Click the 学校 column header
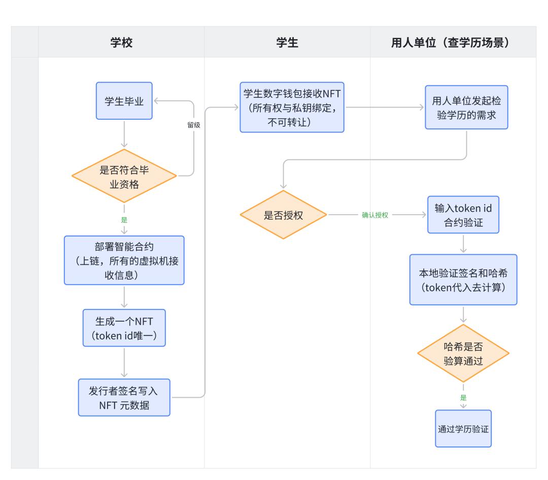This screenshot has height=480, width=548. [x=121, y=43]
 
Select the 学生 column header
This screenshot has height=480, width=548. [x=287, y=43]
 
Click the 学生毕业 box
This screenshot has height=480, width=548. [x=124, y=101]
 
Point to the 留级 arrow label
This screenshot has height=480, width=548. [x=194, y=125]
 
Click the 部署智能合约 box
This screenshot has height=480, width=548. [x=124, y=260]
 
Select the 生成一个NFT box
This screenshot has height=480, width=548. [x=124, y=327]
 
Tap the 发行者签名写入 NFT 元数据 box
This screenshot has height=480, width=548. [x=124, y=397]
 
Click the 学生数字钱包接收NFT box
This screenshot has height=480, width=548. [x=292, y=107]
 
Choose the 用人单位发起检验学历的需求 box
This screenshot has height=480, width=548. [x=466, y=108]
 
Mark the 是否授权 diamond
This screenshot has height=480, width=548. [x=284, y=215]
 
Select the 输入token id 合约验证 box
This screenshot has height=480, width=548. [x=463, y=215]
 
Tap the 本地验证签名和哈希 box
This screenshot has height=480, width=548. [x=463, y=280]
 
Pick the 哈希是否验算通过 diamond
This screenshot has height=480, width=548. [x=463, y=354]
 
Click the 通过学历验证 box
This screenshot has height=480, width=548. [x=463, y=428]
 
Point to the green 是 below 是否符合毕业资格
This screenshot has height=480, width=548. [x=124, y=220]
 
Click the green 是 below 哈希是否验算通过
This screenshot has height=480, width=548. [x=463, y=397]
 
